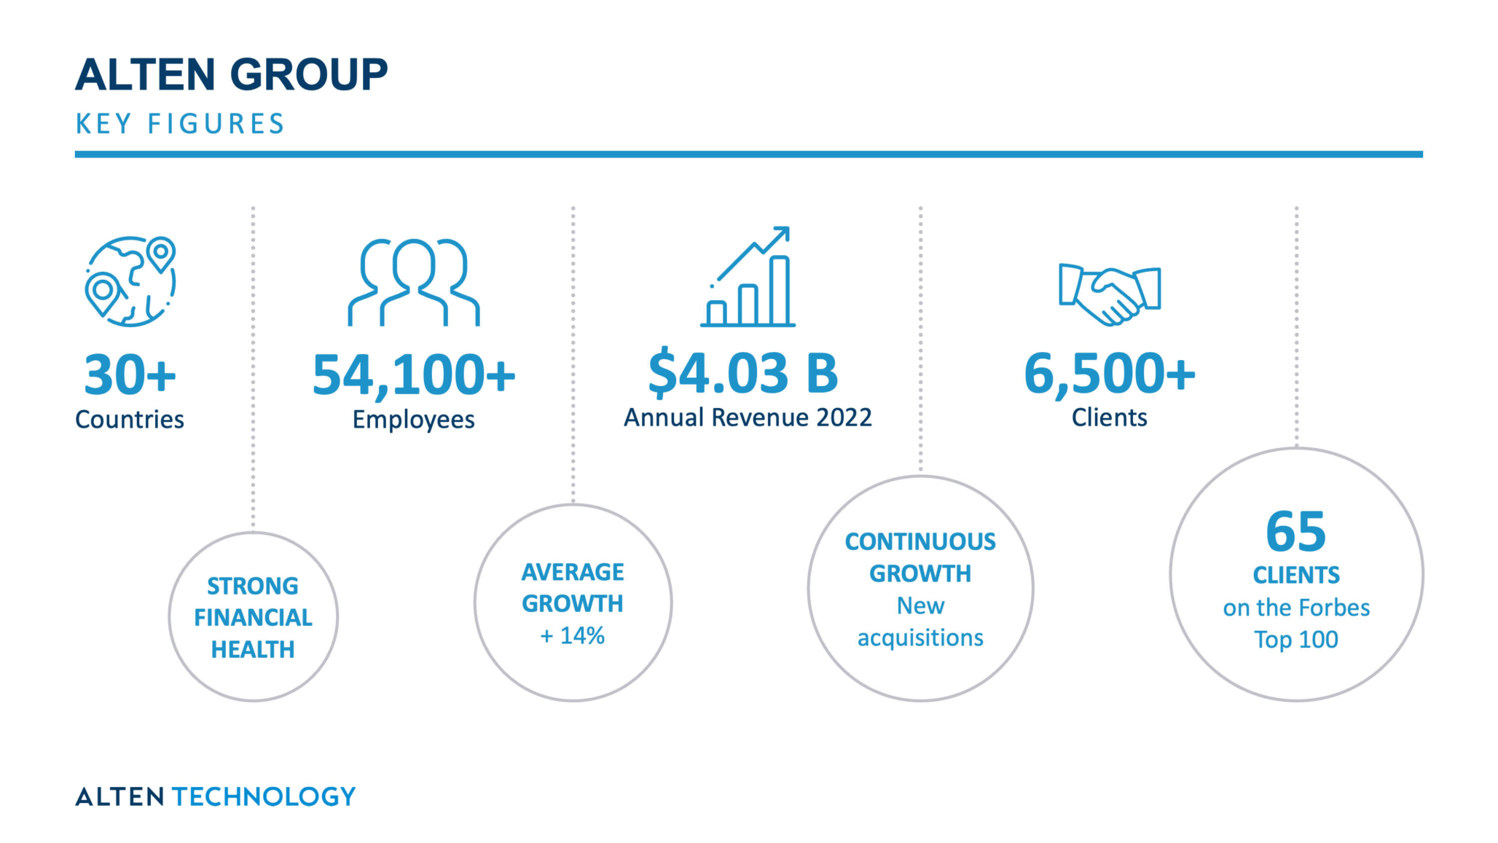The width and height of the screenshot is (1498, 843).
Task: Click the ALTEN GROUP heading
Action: pos(231,74)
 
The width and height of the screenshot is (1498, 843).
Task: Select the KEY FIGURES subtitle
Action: pos(180,124)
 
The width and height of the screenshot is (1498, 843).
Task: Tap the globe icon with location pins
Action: pos(130,281)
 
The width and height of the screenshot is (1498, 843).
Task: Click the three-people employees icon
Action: pos(413,282)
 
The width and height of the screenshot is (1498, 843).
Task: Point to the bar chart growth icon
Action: pos(748,276)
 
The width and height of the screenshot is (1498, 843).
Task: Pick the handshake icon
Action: pos(1110,294)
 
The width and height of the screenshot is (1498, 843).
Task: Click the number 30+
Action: pos(130,375)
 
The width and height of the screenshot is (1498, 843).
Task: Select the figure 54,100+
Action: pos(414,376)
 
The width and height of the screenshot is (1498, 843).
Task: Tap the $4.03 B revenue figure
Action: pos(743,372)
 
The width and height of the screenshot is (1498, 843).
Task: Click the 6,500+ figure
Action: pos(1110,374)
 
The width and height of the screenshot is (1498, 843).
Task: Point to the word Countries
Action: pos(130,420)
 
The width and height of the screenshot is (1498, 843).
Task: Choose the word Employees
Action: pos(414,420)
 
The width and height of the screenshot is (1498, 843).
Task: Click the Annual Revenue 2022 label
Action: pos(748,417)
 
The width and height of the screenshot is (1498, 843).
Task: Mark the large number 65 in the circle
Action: pos(1296,531)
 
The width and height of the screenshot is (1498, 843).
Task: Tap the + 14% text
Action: pos(573,636)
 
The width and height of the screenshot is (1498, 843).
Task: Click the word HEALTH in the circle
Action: pos(253,649)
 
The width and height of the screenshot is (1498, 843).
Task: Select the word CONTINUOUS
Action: pos(920,541)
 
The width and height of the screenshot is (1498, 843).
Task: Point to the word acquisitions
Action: pos(920,638)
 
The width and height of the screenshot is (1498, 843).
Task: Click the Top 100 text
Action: pos(1296,640)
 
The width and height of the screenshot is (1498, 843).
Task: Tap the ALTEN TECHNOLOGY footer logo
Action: pos(216,796)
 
